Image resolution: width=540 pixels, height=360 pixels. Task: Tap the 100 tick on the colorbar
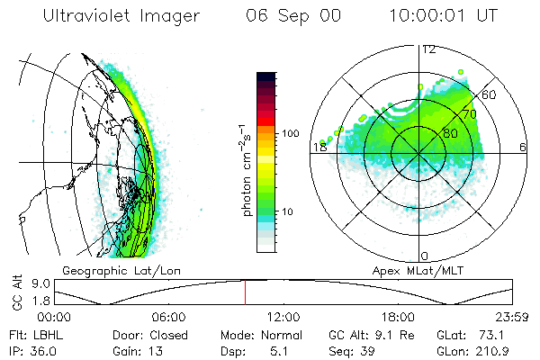(x=292, y=133)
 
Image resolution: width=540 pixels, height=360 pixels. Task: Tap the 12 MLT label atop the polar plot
(x=428, y=49)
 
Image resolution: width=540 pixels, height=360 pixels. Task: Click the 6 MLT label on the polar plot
(x=523, y=147)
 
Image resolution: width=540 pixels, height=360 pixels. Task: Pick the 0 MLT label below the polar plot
(x=425, y=256)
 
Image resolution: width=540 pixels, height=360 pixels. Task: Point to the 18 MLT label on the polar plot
(x=318, y=147)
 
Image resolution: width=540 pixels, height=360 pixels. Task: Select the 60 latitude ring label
(x=490, y=94)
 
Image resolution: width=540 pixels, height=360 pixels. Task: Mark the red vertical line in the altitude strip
(x=245, y=292)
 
